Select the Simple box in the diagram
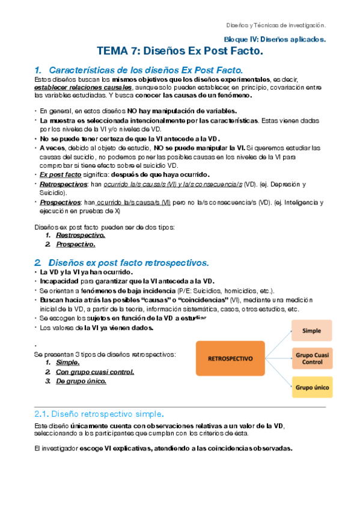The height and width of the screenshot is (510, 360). pos(312,330)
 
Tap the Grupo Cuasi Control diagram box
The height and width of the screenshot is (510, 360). pos(312,358)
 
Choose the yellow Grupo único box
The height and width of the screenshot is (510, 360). pos(312,387)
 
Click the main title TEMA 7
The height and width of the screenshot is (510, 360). pos(180,52)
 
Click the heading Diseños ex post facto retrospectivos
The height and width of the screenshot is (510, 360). pos(129,263)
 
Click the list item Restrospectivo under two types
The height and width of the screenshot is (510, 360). pos(76,236)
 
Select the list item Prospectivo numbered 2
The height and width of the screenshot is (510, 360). pos(76,244)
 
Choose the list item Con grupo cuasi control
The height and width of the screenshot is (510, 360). pos(94,372)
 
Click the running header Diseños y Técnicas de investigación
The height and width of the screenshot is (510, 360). pos(275,25)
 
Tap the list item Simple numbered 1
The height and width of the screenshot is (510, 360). pos(67,363)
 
